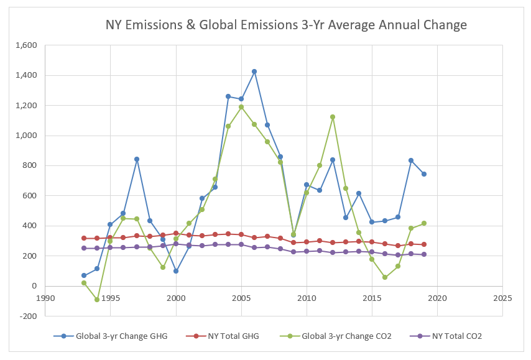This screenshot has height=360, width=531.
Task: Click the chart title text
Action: point(286,25)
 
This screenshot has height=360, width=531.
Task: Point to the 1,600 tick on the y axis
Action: point(25,45)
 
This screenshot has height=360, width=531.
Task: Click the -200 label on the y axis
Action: point(27,316)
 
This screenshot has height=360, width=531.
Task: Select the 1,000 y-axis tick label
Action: point(25,136)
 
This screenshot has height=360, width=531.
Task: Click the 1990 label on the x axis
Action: point(45,298)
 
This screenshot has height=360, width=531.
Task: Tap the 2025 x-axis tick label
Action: point(502,298)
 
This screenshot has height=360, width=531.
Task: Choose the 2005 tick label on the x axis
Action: point(241,298)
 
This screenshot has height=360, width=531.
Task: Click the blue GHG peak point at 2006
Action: point(254,72)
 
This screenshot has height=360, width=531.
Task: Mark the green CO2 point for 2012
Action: point(333,117)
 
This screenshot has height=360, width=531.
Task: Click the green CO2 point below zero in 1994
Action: point(97,300)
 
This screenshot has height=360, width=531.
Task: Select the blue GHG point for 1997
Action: point(136,159)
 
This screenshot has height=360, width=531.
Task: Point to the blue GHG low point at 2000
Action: point(176,271)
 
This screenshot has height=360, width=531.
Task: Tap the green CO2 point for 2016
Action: point(385,277)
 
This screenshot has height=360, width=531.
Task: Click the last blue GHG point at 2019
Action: point(424,174)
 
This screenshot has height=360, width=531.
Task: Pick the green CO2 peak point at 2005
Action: point(241,107)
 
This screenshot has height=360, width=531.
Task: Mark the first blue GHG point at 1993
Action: point(84,275)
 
